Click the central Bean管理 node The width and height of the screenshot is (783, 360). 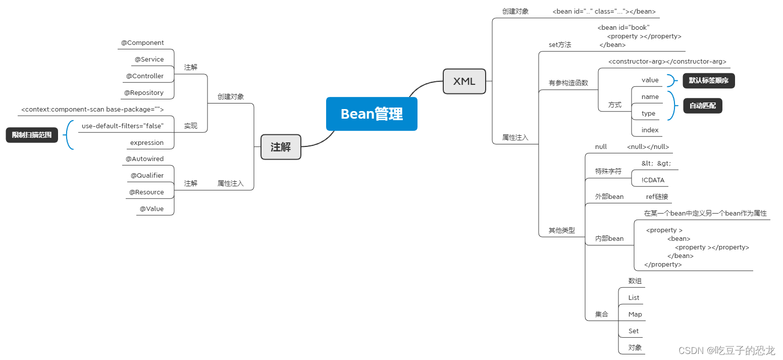pyautogui.click(x=372, y=114)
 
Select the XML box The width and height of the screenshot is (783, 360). pyautogui.click(x=464, y=81)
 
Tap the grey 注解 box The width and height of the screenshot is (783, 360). pyautogui.click(x=281, y=147)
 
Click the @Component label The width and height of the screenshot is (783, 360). pyautogui.click(x=142, y=43)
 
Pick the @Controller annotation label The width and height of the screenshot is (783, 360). pyautogui.click(x=145, y=76)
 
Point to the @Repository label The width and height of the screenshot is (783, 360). pyautogui.click(x=144, y=93)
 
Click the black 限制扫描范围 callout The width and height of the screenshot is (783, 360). pyautogui.click(x=32, y=135)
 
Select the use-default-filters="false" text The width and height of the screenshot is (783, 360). pyautogui.click(x=123, y=126)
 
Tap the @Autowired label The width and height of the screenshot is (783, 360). pyautogui.click(x=144, y=159)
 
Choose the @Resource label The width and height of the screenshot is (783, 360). pyautogui.click(x=146, y=192)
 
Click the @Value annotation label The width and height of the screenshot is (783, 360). pyautogui.click(x=151, y=209)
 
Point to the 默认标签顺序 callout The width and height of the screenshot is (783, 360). pyautogui.click(x=708, y=80)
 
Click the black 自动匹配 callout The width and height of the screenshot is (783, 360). pyautogui.click(x=702, y=106)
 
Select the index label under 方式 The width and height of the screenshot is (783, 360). pyautogui.click(x=650, y=130)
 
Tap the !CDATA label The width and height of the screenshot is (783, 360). pyautogui.click(x=653, y=180)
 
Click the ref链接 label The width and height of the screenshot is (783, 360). pyautogui.click(x=657, y=197)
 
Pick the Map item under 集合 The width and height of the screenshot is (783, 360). pyautogui.click(x=635, y=315)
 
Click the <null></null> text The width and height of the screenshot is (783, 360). pyautogui.click(x=648, y=147)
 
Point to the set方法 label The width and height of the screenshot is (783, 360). pyautogui.click(x=560, y=45)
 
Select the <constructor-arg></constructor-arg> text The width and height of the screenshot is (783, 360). pyautogui.click(x=667, y=62)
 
